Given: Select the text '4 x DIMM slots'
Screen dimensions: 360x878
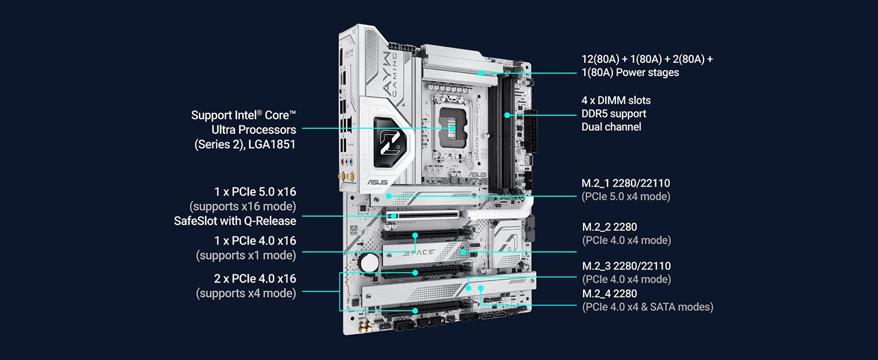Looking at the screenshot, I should point(616,100).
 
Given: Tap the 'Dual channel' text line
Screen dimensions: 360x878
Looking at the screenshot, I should point(611,127).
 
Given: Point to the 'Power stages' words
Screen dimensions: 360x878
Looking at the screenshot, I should point(650,73).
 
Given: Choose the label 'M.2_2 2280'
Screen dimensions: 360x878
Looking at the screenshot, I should point(609,227).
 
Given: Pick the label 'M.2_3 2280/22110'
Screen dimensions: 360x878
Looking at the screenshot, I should point(626,266).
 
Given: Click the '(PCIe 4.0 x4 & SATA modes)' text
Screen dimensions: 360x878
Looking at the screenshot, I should point(647,307).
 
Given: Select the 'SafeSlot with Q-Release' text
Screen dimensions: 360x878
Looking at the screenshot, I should point(235,221).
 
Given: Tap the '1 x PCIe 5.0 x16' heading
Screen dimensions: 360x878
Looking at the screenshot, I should point(255,192).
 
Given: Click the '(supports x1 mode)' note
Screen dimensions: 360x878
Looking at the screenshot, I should point(246,255).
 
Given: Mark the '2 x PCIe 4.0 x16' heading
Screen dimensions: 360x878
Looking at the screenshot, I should point(255,279).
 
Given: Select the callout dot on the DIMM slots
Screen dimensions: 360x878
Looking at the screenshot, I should point(507,115).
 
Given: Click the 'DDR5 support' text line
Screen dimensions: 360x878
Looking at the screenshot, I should point(614,113).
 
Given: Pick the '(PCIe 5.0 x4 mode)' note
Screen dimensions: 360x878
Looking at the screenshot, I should point(626,196).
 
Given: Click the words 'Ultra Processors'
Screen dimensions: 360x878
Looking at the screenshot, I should point(253,130).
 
